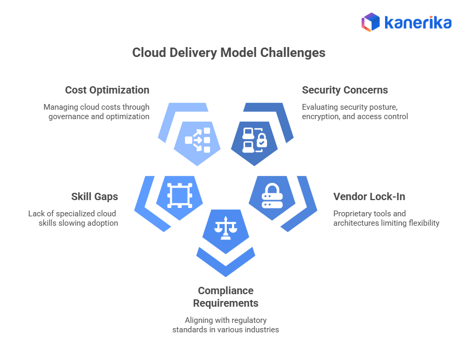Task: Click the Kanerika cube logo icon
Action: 370,22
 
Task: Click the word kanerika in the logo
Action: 417,22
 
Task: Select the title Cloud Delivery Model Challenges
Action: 229,53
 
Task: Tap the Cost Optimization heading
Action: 107,90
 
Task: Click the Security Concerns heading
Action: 345,90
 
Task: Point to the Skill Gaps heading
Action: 95,196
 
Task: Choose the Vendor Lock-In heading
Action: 369,196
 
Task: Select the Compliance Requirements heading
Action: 226,297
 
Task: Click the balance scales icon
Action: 226,228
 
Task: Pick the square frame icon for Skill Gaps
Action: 179,196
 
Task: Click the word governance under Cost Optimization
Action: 68,117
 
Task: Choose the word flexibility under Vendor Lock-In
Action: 422,223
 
